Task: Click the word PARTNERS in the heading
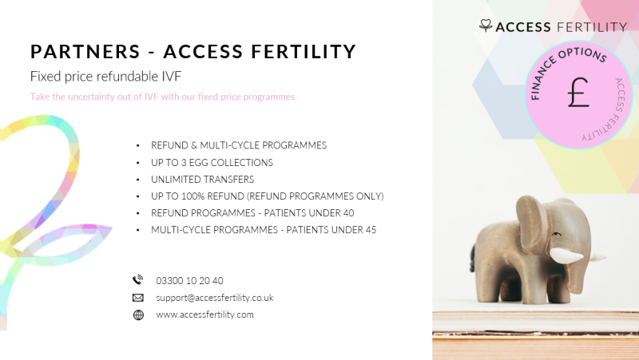click(x=85, y=52)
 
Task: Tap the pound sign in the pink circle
click(x=578, y=93)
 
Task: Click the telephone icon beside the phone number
click(x=138, y=280)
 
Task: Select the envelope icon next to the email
click(x=138, y=298)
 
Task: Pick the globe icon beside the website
click(x=138, y=315)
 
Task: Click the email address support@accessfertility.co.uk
click(x=214, y=298)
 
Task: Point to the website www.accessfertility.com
click(x=204, y=315)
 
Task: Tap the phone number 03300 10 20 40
click(x=189, y=281)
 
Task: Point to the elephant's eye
click(x=556, y=234)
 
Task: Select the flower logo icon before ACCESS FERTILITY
click(x=486, y=26)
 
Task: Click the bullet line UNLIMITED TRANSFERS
click(x=203, y=179)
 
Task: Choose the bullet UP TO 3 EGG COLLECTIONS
click(x=212, y=163)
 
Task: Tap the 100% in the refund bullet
click(x=192, y=196)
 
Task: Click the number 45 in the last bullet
click(x=371, y=230)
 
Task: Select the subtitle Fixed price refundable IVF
click(x=106, y=76)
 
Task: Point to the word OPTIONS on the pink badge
click(x=583, y=54)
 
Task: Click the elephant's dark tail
click(x=472, y=257)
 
